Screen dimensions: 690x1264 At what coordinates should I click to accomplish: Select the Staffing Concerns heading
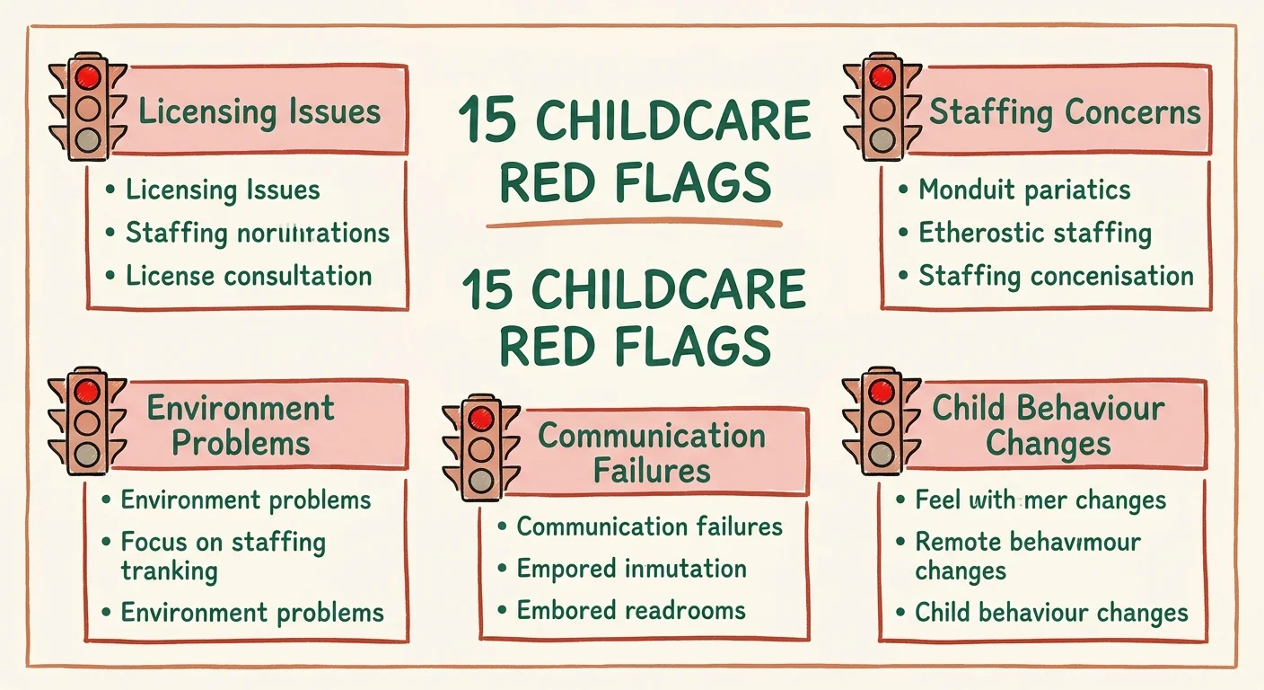coord(1065,112)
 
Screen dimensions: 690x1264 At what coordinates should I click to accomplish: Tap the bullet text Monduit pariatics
coord(1023,190)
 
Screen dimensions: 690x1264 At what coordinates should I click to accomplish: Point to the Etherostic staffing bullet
coord(1034,233)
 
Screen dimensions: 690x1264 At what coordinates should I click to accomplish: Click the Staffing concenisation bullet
coord(1056,275)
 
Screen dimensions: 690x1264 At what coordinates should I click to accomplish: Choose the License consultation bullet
coord(249,275)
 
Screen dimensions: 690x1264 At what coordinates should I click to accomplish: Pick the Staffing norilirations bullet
coord(257,233)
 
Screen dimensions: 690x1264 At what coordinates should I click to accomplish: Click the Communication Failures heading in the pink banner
coord(652,453)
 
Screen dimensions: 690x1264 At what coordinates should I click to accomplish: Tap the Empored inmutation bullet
coord(631,569)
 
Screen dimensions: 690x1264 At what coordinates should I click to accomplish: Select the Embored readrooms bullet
coord(631,611)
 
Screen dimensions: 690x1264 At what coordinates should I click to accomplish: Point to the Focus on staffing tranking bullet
coord(223,556)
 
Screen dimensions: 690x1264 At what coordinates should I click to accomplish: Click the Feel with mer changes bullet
coord(1040,500)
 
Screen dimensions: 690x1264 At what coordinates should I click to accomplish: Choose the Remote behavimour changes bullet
coord(1027,556)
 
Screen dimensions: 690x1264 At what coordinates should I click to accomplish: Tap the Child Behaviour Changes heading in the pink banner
coord(1049,425)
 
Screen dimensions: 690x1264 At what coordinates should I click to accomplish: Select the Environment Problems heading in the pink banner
coord(241,425)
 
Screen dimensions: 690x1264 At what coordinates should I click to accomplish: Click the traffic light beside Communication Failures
coord(482,447)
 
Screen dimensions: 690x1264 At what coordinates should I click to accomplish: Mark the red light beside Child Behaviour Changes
coord(882,392)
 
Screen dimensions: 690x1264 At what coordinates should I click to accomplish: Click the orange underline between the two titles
coord(635,224)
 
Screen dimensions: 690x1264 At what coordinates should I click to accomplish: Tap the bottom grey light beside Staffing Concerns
coord(882,141)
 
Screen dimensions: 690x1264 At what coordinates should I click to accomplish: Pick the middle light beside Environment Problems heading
coord(88,422)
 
